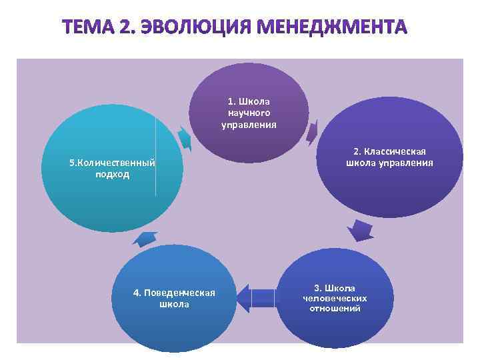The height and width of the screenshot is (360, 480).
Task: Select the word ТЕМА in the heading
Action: click(x=87, y=29)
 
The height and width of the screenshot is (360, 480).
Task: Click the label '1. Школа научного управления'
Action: click(x=249, y=113)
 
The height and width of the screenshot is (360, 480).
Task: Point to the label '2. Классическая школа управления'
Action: click(x=390, y=157)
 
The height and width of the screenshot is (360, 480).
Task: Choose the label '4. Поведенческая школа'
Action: click(x=174, y=298)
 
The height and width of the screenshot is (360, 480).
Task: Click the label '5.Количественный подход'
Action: click(x=112, y=169)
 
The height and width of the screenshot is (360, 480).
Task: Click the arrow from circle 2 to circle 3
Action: click(x=361, y=230)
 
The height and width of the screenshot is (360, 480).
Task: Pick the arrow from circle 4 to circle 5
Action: click(x=146, y=237)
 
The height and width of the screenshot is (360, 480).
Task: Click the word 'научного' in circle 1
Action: click(x=249, y=113)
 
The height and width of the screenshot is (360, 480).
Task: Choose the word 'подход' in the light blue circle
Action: click(x=112, y=175)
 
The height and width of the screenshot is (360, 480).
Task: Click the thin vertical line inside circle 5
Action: click(x=156, y=157)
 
